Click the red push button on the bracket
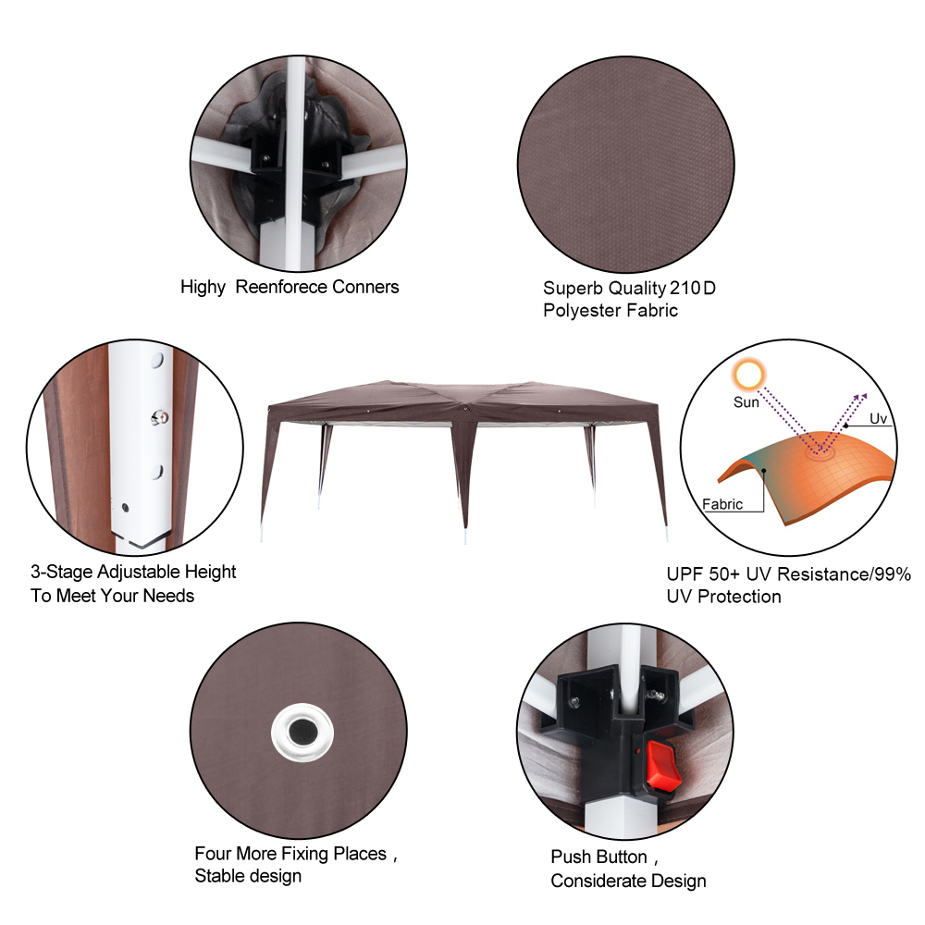pyautogui.click(x=663, y=765)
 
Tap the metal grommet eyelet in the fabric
pyautogui.click(x=302, y=733)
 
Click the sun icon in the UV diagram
pyautogui.click(x=748, y=375)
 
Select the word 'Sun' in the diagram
pyautogui.click(x=746, y=402)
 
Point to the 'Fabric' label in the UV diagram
pyautogui.click(x=722, y=504)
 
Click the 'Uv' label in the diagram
pyautogui.click(x=878, y=419)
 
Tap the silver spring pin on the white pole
pyautogui.click(x=159, y=418)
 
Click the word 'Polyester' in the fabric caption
pyautogui.click(x=582, y=310)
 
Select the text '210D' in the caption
pyautogui.click(x=693, y=288)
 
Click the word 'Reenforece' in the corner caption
pyautogui.click(x=281, y=287)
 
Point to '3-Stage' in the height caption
pyautogui.click(x=61, y=573)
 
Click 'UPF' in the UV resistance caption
pyautogui.click(x=684, y=574)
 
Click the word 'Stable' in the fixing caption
pyautogui.click(x=222, y=876)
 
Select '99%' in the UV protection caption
pyautogui.click(x=893, y=574)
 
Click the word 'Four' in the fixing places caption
pyautogui.click(x=213, y=854)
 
